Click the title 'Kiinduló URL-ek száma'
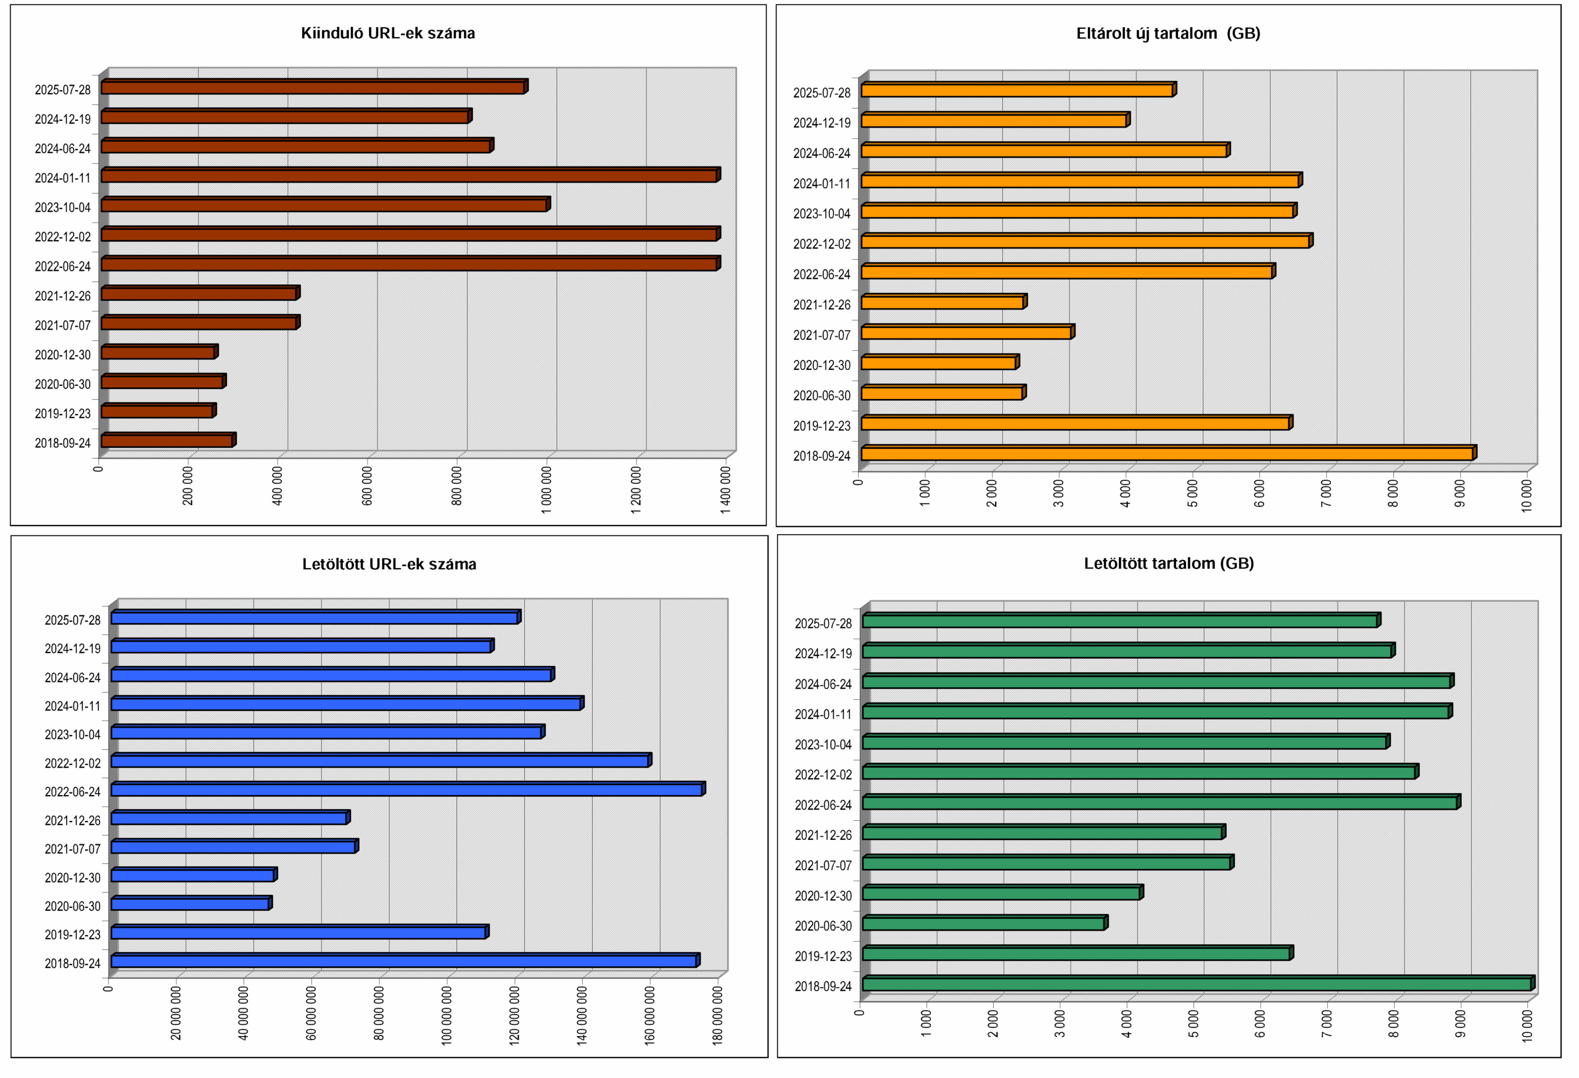click(x=388, y=33)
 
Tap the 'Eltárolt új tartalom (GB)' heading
click(x=1168, y=33)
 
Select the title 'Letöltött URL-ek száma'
click(x=389, y=564)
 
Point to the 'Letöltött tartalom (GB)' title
click(x=1169, y=564)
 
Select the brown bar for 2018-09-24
click(x=167, y=441)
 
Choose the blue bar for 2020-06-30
click(x=190, y=904)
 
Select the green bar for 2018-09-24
click(x=1197, y=984)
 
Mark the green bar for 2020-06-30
click(x=983, y=924)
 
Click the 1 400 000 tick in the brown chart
click(x=725, y=490)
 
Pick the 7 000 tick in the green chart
click(x=1327, y=1024)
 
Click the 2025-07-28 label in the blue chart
click(x=73, y=620)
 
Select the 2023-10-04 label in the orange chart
click(x=822, y=214)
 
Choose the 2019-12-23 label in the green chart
click(x=823, y=957)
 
